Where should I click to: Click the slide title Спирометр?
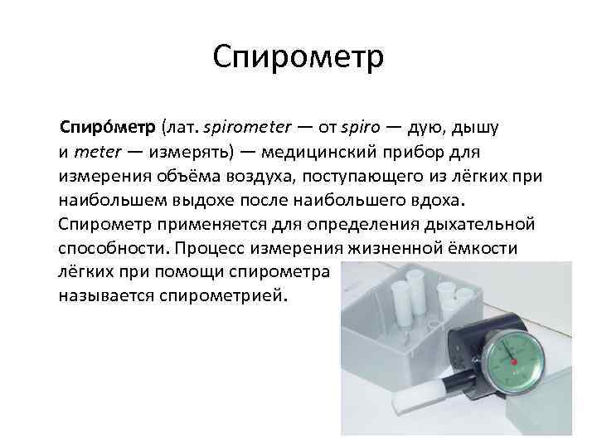point(298,58)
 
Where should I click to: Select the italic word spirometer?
point(246,129)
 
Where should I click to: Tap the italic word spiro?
point(360,129)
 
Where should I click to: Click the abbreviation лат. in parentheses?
point(182,129)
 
